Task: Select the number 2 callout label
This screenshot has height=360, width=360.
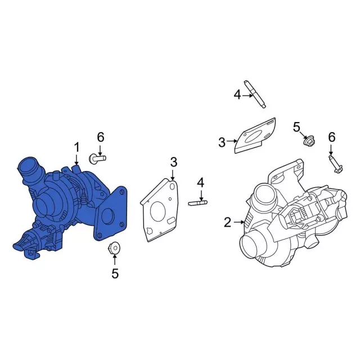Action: [x=227, y=223]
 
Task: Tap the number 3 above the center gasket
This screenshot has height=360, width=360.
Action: [x=173, y=162]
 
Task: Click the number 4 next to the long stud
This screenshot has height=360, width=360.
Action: [x=237, y=95]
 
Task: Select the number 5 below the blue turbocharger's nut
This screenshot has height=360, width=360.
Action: [x=115, y=273]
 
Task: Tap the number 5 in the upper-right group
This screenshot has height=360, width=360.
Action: [x=296, y=127]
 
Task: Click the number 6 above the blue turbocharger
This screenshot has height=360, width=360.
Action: [x=101, y=137]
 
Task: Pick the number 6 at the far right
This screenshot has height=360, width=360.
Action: [x=331, y=137]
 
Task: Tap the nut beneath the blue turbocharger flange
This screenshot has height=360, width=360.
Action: [x=115, y=247]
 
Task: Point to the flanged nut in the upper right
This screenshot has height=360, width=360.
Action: [x=308, y=141]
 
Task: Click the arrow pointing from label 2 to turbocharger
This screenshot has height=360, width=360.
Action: [x=238, y=223]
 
